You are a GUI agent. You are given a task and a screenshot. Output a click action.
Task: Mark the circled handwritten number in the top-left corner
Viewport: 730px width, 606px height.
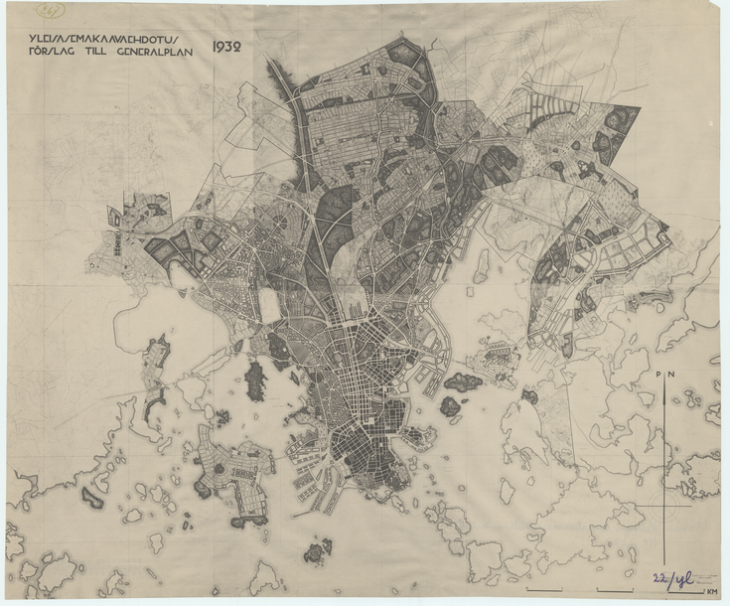48,11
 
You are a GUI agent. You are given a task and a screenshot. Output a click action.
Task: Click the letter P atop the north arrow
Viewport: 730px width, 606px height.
659,374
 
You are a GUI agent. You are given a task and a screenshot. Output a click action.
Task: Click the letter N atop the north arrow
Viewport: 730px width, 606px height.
671,374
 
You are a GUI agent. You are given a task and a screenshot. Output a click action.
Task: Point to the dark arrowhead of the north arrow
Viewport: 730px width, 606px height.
664,389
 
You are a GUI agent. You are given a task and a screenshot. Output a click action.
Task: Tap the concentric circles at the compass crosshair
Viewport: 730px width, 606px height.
664,508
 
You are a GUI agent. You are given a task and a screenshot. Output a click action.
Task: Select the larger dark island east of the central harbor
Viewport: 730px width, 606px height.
463,381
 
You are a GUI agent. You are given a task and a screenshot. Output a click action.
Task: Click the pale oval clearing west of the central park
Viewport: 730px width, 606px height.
269,305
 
